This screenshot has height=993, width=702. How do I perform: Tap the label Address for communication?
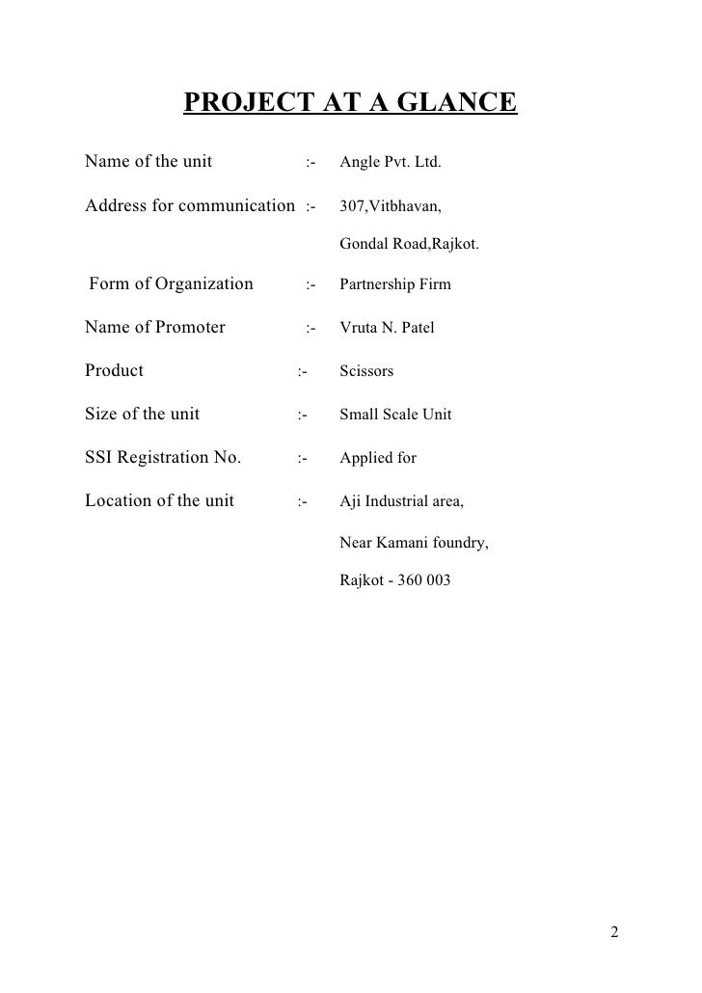[190, 205]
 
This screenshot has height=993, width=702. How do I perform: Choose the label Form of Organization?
[171, 284]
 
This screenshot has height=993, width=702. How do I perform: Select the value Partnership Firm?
[394, 285]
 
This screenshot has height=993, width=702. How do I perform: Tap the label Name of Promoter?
[155, 327]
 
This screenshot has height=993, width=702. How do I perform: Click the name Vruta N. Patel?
[387, 328]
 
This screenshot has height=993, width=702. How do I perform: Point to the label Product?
[114, 370]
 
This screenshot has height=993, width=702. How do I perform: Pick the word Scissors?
[366, 371]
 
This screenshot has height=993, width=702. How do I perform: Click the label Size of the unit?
[143, 415]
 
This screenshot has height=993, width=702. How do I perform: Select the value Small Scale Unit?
[395, 416]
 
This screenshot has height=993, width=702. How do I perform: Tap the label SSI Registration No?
[163, 457]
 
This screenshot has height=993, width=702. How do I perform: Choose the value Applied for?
[378, 458]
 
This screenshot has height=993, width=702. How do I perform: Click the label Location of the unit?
[159, 500]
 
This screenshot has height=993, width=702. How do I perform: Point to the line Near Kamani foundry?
[414, 544]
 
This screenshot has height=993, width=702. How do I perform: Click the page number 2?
[615, 933]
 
